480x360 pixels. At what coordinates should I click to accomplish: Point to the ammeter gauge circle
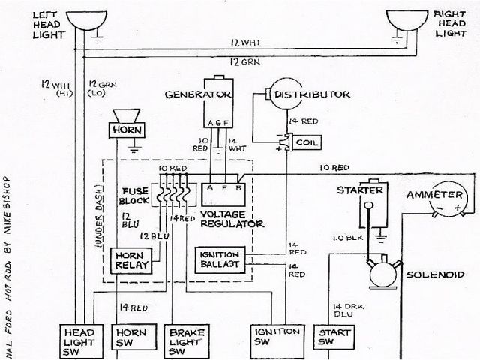click(x=451, y=200)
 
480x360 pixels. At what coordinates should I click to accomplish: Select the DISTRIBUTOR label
click(x=311, y=95)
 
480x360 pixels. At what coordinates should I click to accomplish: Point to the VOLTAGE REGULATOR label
click(x=232, y=218)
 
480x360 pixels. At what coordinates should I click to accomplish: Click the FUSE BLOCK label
click(x=136, y=196)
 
